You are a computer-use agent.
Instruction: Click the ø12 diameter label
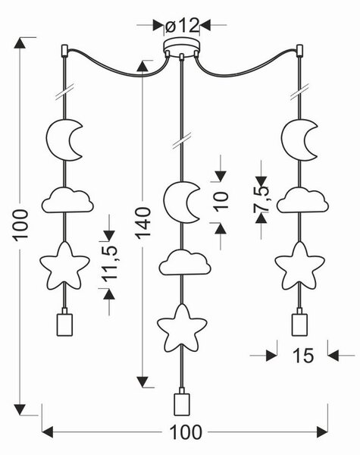(182, 26)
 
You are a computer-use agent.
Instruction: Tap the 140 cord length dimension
(143, 223)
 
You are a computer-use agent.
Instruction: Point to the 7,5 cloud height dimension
(261, 199)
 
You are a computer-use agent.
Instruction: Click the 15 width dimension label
(303, 355)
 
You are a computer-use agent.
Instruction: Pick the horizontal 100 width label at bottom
(186, 432)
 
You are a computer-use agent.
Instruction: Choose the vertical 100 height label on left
(21, 225)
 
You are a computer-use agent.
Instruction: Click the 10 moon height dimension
(221, 201)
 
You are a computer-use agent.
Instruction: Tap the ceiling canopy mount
(182, 47)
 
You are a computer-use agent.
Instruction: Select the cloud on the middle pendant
(185, 262)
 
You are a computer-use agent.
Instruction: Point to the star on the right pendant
(299, 266)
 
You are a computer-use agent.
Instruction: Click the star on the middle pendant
(182, 328)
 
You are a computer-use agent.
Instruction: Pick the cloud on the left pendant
(67, 200)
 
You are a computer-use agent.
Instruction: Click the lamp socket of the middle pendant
(182, 402)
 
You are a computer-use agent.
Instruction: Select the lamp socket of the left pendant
(64, 323)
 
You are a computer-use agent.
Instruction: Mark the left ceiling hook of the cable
(64, 51)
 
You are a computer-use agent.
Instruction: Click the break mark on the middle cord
(182, 141)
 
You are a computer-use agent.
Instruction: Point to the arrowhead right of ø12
(205, 25)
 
